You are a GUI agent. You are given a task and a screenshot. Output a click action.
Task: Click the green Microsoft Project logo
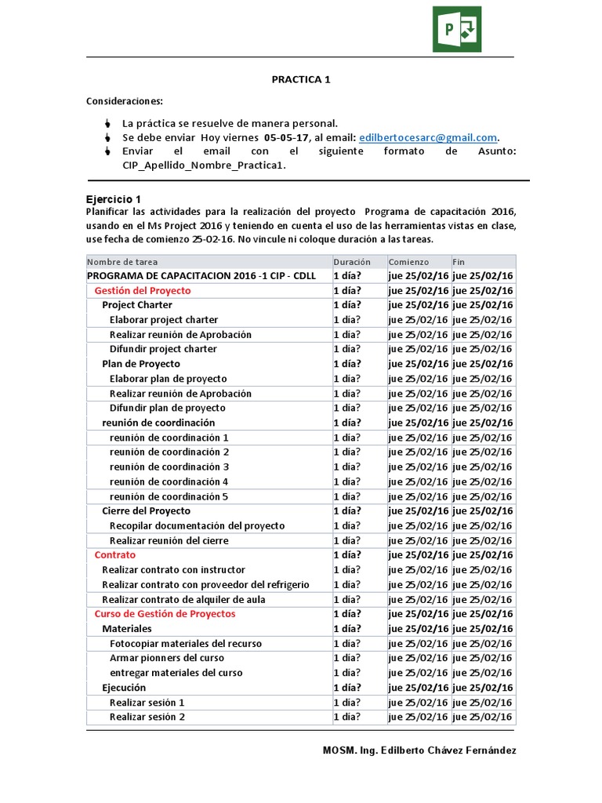[x=457, y=29]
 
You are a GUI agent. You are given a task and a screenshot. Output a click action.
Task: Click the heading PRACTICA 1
[x=296, y=79]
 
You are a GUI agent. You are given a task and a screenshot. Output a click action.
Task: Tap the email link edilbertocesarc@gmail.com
[x=428, y=137]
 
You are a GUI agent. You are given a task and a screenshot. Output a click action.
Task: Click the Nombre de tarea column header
[x=122, y=261]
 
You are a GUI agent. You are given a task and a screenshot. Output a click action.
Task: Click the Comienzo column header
[x=408, y=261]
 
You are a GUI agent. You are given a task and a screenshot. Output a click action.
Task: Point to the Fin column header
[x=459, y=261]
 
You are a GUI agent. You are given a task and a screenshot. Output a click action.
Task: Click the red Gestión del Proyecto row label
[x=142, y=290]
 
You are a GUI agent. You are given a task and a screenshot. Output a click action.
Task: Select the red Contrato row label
[x=114, y=554]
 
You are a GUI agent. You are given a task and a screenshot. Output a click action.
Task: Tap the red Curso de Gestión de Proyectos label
[x=165, y=613]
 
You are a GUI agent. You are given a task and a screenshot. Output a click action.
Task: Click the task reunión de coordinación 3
[x=169, y=467]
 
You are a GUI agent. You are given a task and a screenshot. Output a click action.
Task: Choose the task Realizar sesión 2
[x=147, y=717]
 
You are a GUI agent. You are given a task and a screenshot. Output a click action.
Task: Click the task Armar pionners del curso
[x=166, y=658]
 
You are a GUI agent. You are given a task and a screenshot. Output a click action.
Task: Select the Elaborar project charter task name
[x=164, y=320]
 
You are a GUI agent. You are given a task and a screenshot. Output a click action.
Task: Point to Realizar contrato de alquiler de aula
[x=183, y=599]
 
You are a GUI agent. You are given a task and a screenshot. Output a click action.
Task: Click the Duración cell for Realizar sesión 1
[x=347, y=703]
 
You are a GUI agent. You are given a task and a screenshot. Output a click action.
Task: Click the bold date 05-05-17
[x=286, y=137]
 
